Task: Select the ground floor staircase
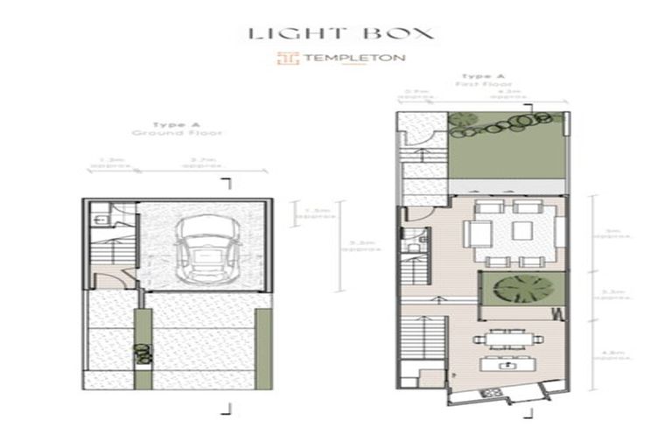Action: [106, 255]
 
